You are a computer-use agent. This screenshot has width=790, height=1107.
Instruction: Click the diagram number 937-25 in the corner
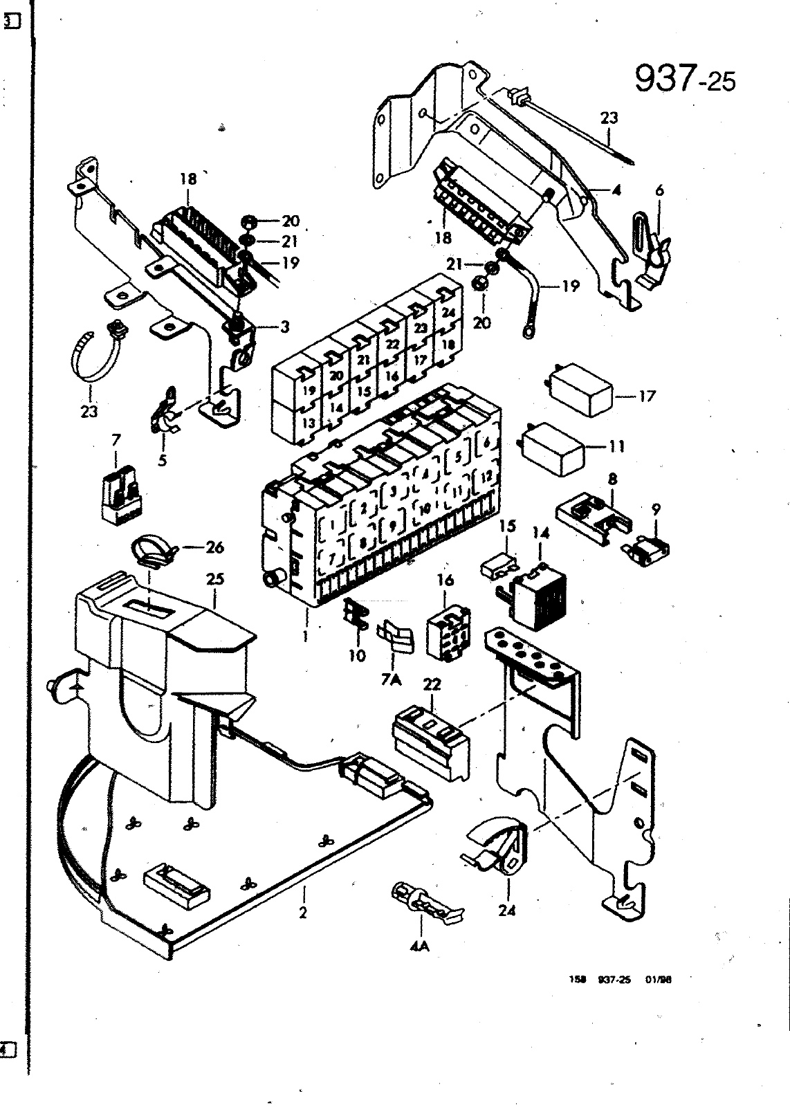(x=684, y=80)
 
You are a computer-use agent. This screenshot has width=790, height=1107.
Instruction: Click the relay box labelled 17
(x=580, y=392)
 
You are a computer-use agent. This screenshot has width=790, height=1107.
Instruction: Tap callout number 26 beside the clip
(x=215, y=547)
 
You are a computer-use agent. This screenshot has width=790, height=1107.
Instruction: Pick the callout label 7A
(x=391, y=679)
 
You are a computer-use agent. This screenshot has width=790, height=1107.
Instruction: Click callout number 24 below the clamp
(x=507, y=911)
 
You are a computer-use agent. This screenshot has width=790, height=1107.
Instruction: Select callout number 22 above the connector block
(x=432, y=684)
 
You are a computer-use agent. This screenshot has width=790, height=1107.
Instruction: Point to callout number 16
(x=445, y=580)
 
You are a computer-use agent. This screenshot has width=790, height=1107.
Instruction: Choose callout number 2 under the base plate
(x=303, y=913)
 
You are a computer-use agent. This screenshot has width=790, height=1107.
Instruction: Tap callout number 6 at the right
(x=659, y=191)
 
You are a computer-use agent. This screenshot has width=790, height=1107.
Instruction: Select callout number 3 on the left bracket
(x=284, y=327)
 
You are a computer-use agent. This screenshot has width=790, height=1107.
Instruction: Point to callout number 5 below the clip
(x=162, y=460)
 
